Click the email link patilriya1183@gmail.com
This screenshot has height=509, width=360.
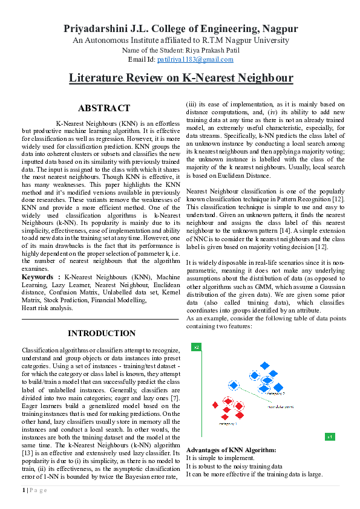tap(195, 59)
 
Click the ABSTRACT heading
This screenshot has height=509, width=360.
tap(104, 108)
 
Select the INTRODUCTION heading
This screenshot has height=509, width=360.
tap(101, 333)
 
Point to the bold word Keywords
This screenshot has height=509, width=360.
tap(40, 276)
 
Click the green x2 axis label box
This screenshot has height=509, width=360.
tap(197, 347)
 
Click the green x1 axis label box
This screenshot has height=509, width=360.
tap(330, 436)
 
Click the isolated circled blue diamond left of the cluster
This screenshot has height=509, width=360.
tap(234, 385)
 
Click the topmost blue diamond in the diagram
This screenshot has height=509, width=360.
tap(264, 366)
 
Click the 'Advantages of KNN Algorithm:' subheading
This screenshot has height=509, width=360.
tap(231, 450)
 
